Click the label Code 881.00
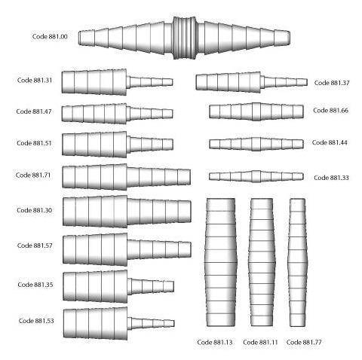(50, 37)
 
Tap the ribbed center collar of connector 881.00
(185, 38)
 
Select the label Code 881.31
(35, 81)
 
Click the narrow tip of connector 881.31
(167, 82)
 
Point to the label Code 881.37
(332, 83)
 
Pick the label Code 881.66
(330, 111)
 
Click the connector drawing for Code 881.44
(256, 144)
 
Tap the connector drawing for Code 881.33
(256, 176)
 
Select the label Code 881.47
(34, 111)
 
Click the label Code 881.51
(34, 143)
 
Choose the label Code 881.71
(33, 175)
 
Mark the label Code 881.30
(35, 210)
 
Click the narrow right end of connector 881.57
(185, 249)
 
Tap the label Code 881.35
(35, 285)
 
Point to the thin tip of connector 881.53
(169, 323)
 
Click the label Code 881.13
(215, 342)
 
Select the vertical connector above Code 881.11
(262, 262)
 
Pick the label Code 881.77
(304, 342)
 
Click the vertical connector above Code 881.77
(298, 262)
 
